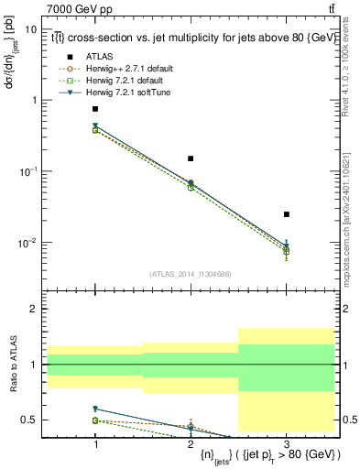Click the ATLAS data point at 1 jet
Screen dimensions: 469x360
(x=95, y=109)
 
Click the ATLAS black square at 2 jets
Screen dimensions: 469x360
(x=191, y=158)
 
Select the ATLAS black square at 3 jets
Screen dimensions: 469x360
(x=287, y=214)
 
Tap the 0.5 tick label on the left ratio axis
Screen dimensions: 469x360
(x=29, y=420)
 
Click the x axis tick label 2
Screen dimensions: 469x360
(x=191, y=443)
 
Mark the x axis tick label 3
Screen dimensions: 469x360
(x=287, y=443)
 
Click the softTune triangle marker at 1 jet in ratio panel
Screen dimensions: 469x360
(x=95, y=409)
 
